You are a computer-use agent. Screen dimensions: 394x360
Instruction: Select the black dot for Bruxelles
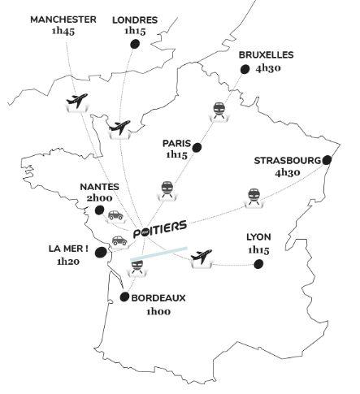pos(242,71)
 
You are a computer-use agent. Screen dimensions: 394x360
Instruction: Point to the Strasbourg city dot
pos(327,160)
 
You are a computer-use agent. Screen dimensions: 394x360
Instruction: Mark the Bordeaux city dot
pos(124,297)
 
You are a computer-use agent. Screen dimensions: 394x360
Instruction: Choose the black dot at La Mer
pos(100,253)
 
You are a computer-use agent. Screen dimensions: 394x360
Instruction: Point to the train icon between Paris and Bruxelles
pos(219,110)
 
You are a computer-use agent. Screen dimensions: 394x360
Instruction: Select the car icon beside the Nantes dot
pos(115,215)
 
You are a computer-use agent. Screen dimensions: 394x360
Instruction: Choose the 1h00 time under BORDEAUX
pos(159,311)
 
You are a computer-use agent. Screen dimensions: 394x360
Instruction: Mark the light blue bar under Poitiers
pos(159,254)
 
